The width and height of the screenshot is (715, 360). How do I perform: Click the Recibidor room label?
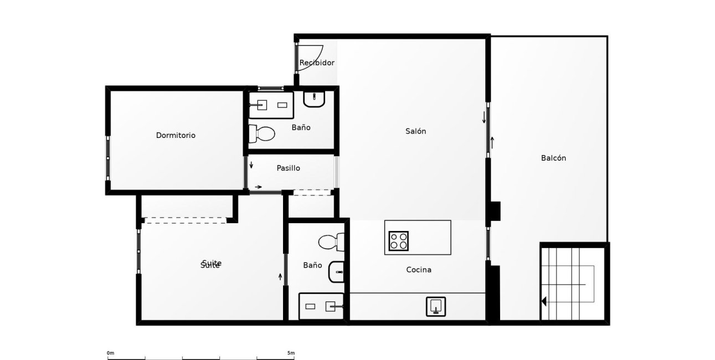click(317, 63)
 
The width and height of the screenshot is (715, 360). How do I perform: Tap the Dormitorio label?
click(176, 135)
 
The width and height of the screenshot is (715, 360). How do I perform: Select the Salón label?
click(416, 131)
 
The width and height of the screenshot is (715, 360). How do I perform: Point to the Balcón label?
click(553, 158)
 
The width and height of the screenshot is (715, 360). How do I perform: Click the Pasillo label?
click(288, 168)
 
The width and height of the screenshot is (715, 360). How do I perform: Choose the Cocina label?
click(419, 270)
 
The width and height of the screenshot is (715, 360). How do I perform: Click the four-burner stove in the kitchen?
click(398, 241)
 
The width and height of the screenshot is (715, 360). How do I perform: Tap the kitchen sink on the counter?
click(436, 306)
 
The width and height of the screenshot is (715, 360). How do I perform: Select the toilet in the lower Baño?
click(331, 242)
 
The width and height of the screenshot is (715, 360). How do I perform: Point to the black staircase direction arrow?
click(544, 301)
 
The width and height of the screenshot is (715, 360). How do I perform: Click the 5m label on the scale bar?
click(291, 353)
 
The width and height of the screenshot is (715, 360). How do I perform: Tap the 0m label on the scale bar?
click(110, 353)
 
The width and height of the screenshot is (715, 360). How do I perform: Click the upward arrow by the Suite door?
click(280, 276)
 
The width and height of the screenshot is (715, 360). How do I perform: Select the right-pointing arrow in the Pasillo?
click(258, 187)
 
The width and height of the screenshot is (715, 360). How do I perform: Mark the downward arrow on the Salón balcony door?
click(484, 117)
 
